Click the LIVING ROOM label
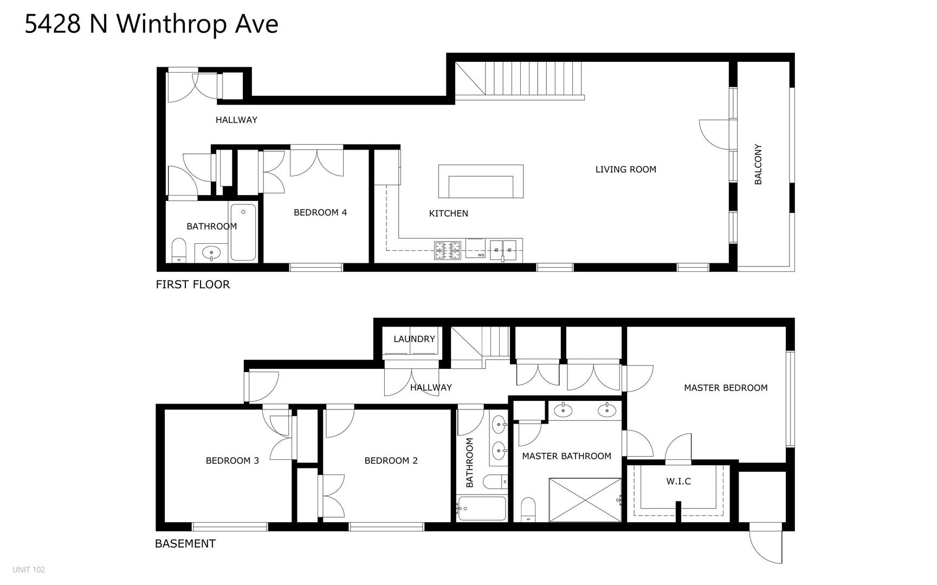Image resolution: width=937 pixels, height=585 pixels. pyautogui.click(x=625, y=170)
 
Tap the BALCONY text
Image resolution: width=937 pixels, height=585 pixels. pyautogui.click(x=758, y=164)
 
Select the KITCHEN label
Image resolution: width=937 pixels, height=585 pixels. pyautogui.click(x=448, y=213)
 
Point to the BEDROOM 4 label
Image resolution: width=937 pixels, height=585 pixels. pyautogui.click(x=320, y=212)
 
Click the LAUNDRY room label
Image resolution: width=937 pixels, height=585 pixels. pyautogui.click(x=414, y=339)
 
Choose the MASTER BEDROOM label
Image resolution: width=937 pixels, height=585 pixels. pyautogui.click(x=726, y=388)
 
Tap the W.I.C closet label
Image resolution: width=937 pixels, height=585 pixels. pyautogui.click(x=678, y=481)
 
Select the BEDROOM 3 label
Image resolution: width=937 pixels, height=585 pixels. pyautogui.click(x=232, y=461)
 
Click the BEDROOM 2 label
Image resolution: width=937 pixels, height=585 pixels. pyautogui.click(x=391, y=461)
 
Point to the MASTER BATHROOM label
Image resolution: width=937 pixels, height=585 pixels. pyautogui.click(x=566, y=456)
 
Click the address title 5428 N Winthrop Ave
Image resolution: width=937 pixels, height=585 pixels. pyautogui.click(x=151, y=24)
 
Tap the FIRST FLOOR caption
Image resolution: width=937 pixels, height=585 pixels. pyautogui.click(x=193, y=284)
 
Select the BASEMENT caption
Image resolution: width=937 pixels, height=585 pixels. pyautogui.click(x=185, y=543)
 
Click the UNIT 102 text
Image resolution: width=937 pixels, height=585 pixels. pyautogui.click(x=29, y=569)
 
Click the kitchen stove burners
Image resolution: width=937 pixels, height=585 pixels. pyautogui.click(x=448, y=250)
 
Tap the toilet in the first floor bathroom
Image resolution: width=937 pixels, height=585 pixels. pyautogui.click(x=179, y=250)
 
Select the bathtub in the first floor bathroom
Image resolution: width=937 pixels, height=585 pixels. pyautogui.click(x=243, y=232)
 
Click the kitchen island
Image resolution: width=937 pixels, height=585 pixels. pyautogui.click(x=481, y=181)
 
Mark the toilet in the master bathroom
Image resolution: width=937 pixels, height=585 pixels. pyautogui.click(x=528, y=510)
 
